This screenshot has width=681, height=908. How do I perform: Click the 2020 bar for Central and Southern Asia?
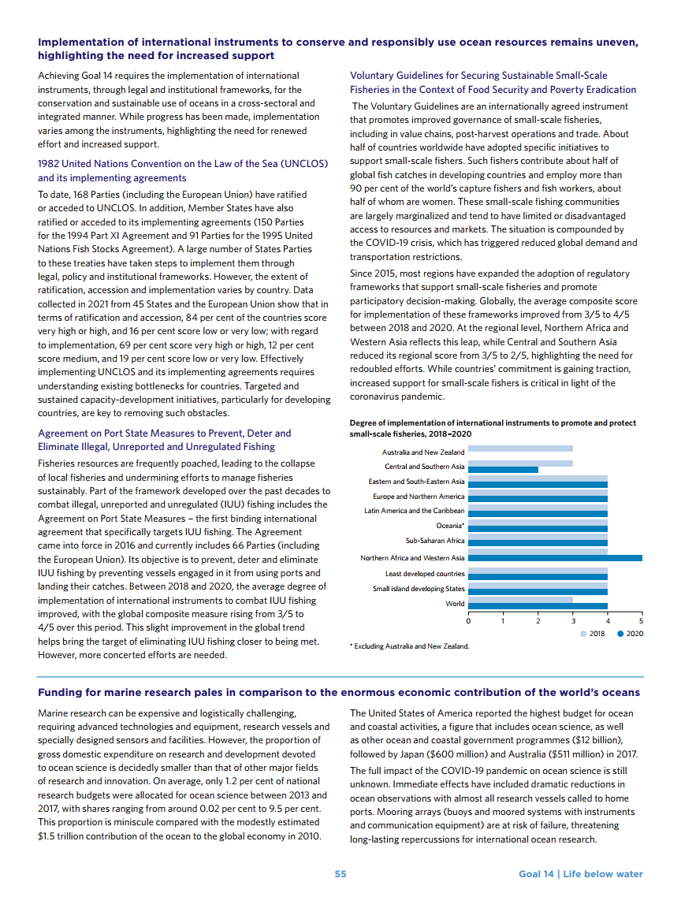(x=503, y=470)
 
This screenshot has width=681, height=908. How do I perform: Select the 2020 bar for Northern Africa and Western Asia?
(x=555, y=558)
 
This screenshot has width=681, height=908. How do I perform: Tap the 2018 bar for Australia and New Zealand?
(x=520, y=448)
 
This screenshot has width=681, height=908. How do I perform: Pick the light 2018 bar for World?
(x=520, y=601)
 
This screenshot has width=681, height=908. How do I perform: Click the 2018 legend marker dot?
(x=582, y=634)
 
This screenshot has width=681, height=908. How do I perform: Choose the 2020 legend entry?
(x=631, y=634)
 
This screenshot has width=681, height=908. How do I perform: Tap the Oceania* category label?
(x=450, y=526)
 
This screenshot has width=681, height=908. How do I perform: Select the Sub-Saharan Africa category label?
(x=435, y=541)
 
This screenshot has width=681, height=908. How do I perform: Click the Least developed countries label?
(x=425, y=574)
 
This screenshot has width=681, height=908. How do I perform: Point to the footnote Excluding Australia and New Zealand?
(x=410, y=646)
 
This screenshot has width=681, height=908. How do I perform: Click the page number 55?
(x=340, y=874)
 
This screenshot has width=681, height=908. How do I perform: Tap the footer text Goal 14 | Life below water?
(x=580, y=874)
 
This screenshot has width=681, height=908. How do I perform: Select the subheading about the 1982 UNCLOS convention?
(x=183, y=170)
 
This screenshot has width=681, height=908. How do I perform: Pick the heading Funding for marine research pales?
(x=339, y=692)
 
